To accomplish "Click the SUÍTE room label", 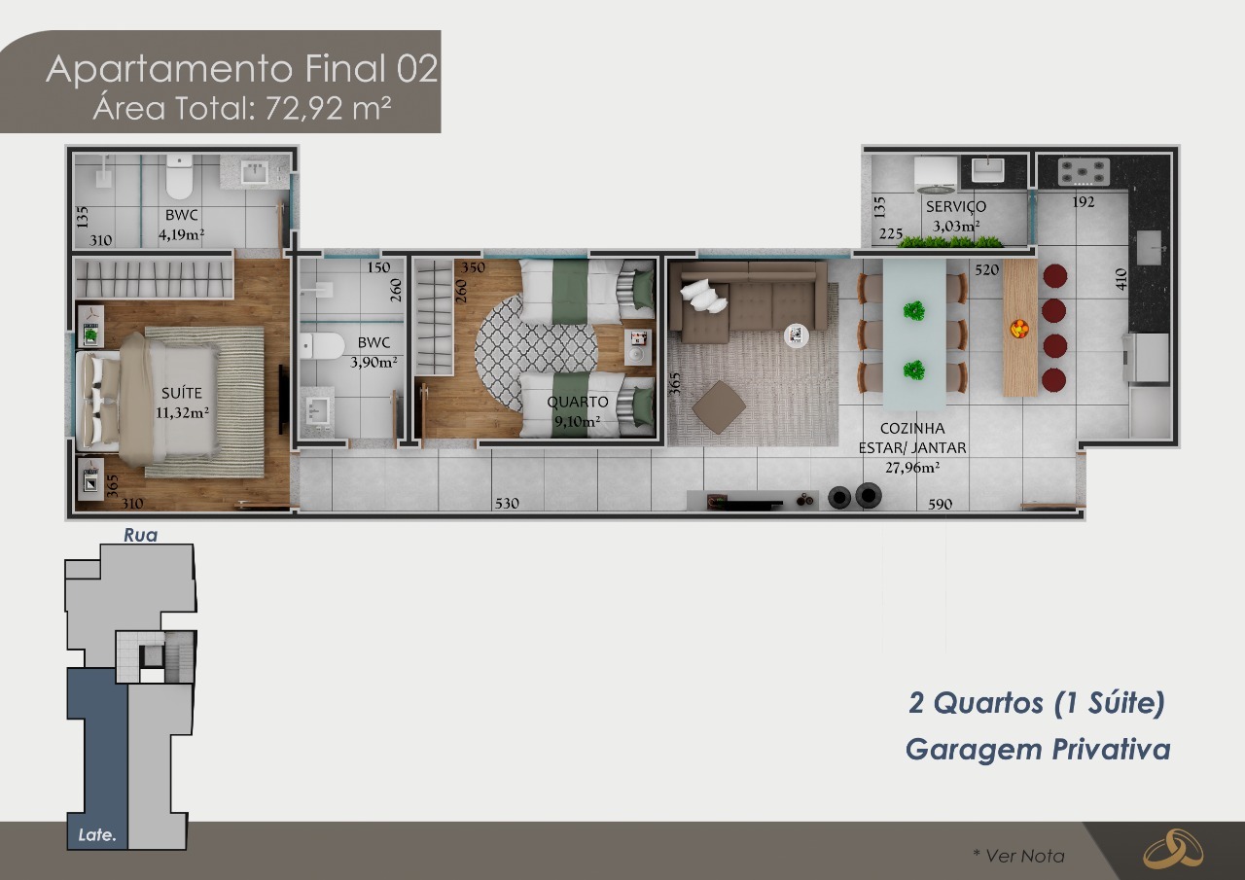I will click(x=181, y=393).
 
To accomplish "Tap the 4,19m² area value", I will click(x=181, y=233).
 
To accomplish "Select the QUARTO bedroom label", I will click(x=578, y=402).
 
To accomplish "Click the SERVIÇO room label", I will click(x=955, y=206).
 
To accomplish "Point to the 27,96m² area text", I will click(x=911, y=467).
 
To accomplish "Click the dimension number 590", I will click(x=940, y=504).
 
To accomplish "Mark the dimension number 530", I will click(x=507, y=504).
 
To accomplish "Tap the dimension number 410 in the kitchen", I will click(x=1120, y=280).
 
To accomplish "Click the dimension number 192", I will click(x=1084, y=202).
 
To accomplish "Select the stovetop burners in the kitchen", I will click(x=1084, y=172).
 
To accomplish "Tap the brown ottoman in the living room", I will click(x=719, y=406).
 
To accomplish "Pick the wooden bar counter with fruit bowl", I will click(x=1019, y=328).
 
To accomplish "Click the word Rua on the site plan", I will click(x=140, y=535).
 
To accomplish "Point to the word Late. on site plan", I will click(x=97, y=834).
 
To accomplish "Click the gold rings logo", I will click(x=1172, y=849).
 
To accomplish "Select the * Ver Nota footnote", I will click(x=1018, y=856).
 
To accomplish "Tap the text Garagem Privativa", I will click(x=1037, y=749).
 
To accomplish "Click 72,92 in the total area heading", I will click(x=301, y=107).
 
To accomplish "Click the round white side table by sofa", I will click(x=797, y=335).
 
